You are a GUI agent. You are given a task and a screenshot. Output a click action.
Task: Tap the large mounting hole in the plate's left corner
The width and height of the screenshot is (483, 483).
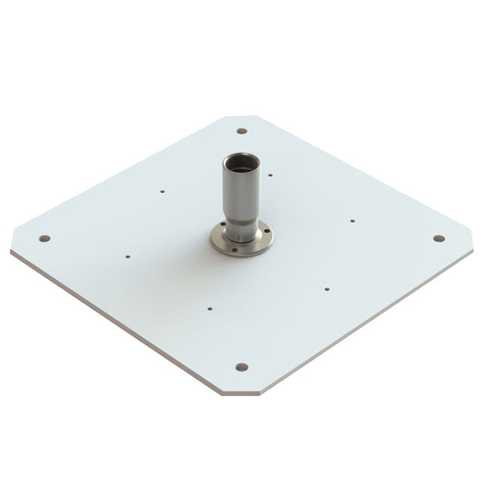(44, 239)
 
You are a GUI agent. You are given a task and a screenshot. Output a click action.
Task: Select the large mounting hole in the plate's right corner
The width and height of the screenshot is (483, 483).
(439, 238)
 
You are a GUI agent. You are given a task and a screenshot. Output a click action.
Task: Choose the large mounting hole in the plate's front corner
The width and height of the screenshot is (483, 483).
(241, 367)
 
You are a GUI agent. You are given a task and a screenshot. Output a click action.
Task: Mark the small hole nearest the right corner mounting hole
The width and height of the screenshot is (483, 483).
(352, 219)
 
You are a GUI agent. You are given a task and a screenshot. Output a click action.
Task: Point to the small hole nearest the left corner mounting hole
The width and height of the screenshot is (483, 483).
(128, 256)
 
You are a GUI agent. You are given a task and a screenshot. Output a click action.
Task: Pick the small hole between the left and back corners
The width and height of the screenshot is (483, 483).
(160, 191)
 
